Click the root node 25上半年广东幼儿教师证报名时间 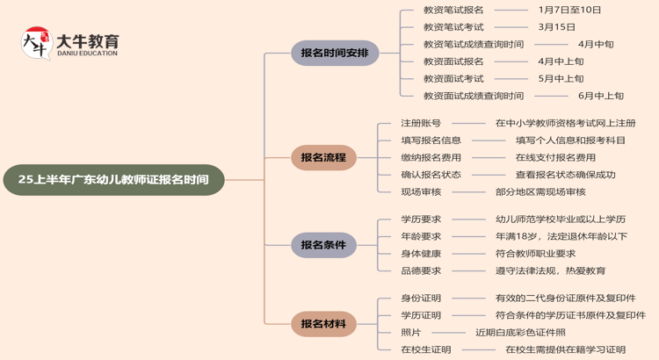tap(113, 180)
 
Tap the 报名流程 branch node tap(323, 158)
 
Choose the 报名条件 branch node tap(323, 245)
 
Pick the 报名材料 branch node tap(323, 324)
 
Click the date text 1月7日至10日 tap(570, 10)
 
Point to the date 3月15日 tap(557, 27)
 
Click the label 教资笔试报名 tap(453, 10)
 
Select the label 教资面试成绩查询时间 tap(473, 96)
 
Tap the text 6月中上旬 tap(601, 96)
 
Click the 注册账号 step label tap(421, 123)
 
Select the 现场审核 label tap(421, 191)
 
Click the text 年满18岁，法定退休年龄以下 tap(561, 236)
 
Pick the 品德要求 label tap(421, 270)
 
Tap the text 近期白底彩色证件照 tap(520, 332)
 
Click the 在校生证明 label tap(425, 349)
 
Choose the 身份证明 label tap(421, 298)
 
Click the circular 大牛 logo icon tap(36, 44)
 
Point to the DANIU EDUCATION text tap(86, 54)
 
